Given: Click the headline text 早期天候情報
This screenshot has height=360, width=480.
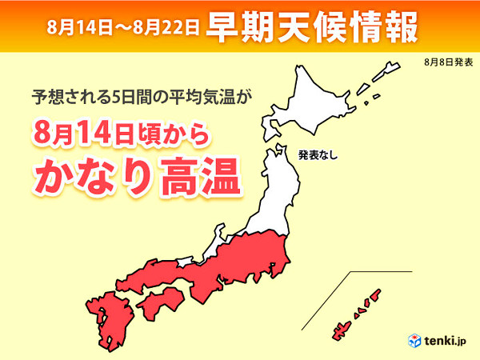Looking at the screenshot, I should coord(311,27).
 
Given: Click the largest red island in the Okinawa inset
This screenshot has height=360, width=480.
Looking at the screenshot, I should coord(339,329).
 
